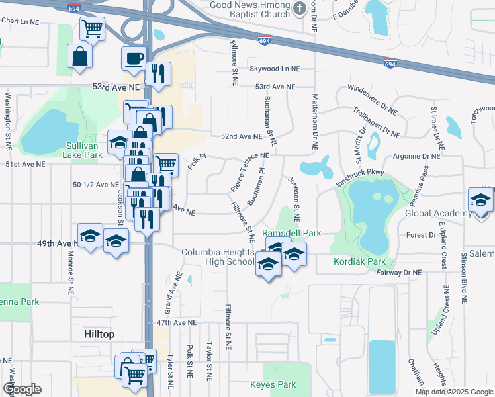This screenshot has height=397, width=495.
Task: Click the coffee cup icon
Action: click(134, 58)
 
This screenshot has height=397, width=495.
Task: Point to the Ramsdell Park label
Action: click(292, 234)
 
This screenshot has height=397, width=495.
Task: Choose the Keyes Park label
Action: click(273, 384)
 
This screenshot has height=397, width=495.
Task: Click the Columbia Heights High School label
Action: click(218, 257)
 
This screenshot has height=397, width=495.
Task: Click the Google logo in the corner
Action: click(22, 390)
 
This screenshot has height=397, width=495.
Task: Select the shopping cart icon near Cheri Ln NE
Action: click(92, 28)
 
